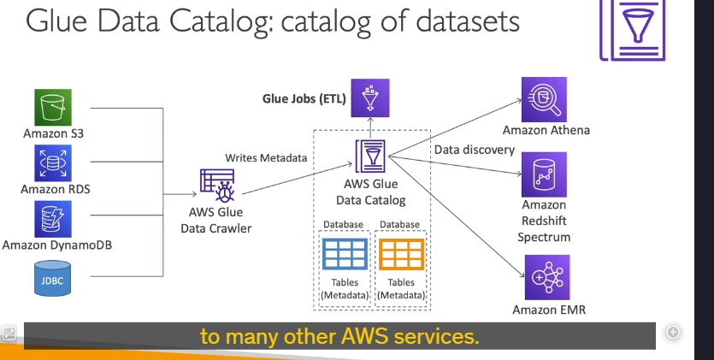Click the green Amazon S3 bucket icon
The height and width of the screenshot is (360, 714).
click(53, 108)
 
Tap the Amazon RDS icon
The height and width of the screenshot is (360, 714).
click(53, 163)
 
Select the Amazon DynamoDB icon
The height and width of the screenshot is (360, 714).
click(53, 219)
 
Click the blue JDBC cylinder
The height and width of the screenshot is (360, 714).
click(53, 278)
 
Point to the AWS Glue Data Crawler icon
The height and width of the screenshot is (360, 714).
click(218, 186)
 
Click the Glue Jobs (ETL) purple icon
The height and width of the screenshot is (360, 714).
click(369, 97)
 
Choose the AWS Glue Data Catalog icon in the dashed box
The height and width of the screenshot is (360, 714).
click(370, 156)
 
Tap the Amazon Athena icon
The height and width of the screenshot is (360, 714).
click(544, 100)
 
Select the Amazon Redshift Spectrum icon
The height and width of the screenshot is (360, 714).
click(544, 174)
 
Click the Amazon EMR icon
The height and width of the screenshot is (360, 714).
click(547, 277)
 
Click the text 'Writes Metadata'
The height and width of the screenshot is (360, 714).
click(266, 158)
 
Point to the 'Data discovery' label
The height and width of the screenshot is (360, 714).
click(475, 150)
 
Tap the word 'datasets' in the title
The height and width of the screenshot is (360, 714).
click(468, 21)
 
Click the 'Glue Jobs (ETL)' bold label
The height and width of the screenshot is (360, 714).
click(304, 98)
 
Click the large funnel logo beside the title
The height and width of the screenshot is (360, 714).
click(633, 30)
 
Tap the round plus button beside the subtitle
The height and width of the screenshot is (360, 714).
click(673, 333)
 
